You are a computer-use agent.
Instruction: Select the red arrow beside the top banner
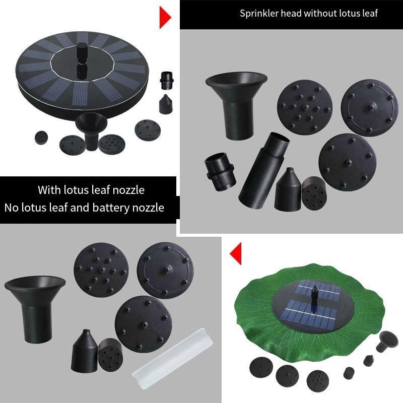[165, 18]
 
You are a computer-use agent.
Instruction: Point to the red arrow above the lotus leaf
[236, 254]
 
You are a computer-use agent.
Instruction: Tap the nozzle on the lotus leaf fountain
[314, 298]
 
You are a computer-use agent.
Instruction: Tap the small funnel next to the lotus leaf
[387, 342]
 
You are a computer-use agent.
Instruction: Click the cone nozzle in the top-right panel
[288, 190]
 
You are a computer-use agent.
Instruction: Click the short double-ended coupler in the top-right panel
[220, 172]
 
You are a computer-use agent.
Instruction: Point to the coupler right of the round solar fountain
[167, 80]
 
